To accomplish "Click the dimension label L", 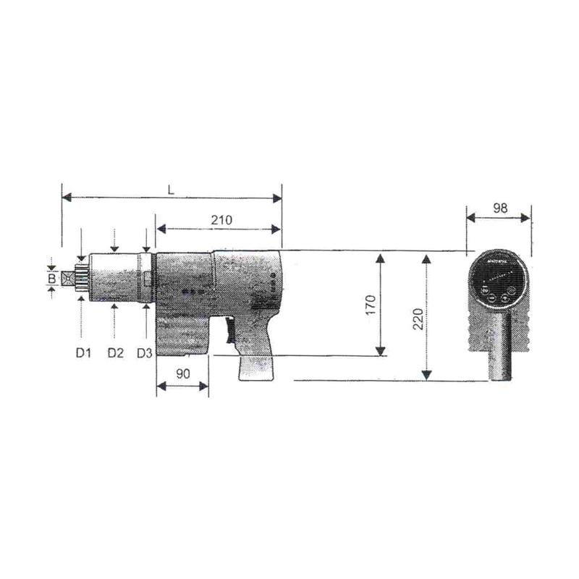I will (170, 189).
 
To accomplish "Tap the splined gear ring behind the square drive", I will (82, 278).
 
